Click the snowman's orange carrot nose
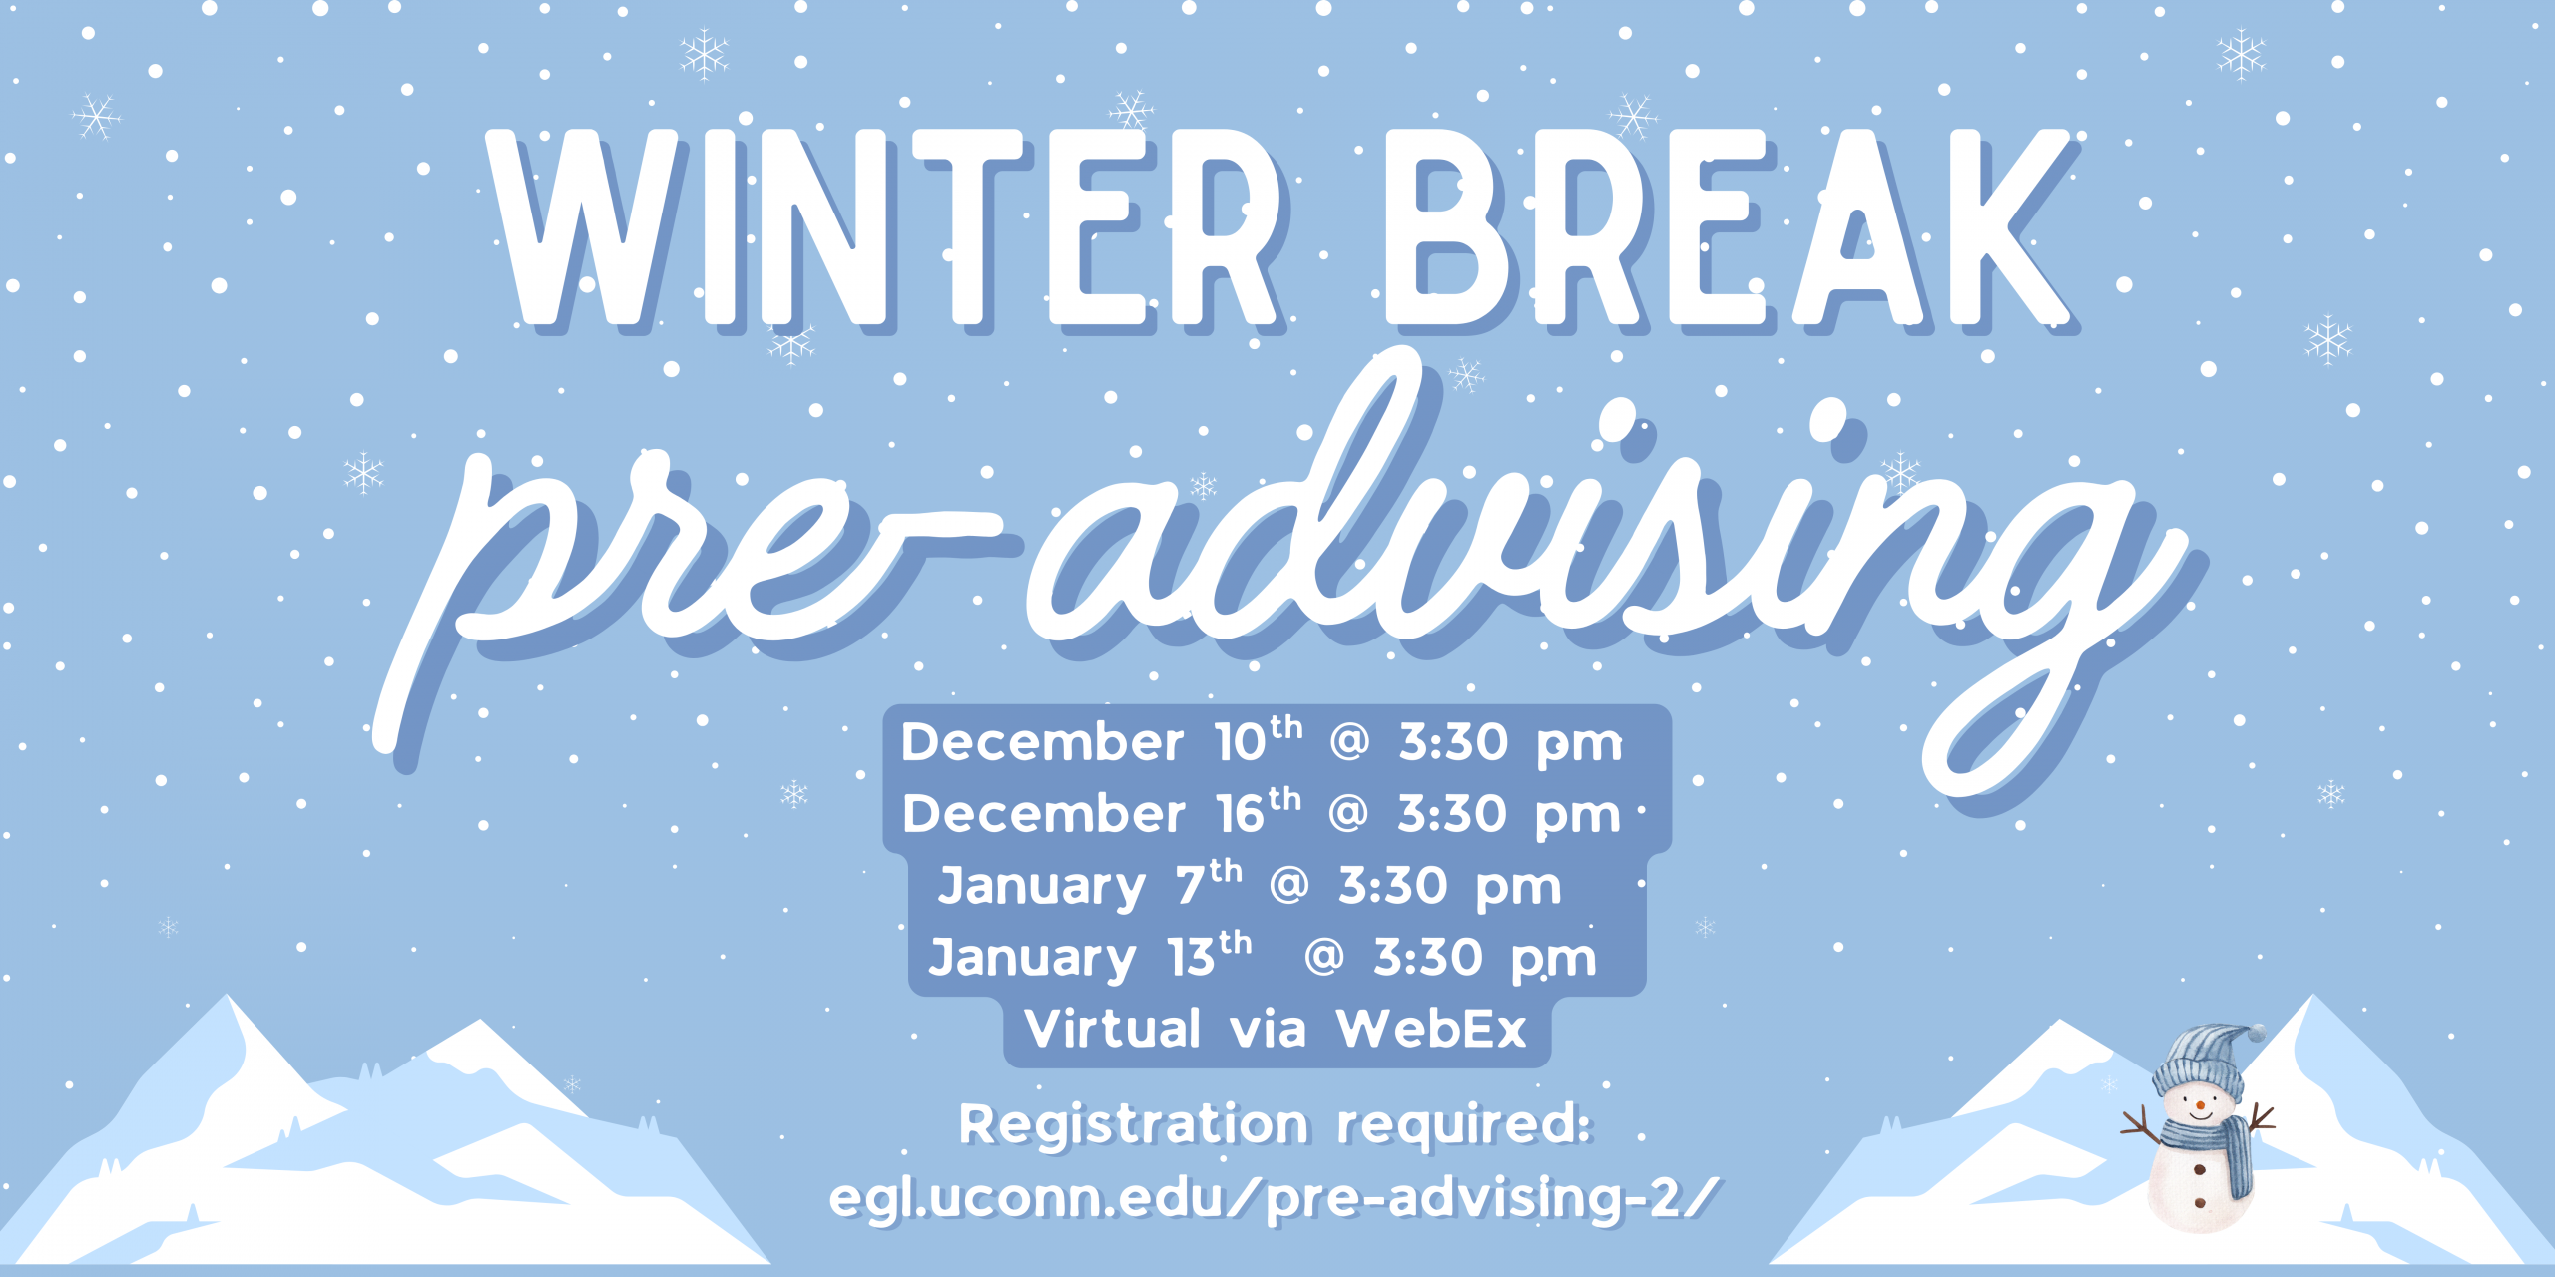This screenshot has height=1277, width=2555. point(2199,1105)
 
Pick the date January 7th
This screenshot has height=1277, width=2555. point(1090,884)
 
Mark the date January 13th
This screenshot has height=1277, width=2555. point(1090,956)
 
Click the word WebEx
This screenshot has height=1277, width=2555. point(1432,1028)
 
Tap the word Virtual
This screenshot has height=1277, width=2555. point(1113,1028)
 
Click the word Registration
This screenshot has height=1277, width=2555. point(1133,1125)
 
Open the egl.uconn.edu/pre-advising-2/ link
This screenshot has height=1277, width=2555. point(1275,1197)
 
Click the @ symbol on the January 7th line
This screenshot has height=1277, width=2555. point(1288,884)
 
